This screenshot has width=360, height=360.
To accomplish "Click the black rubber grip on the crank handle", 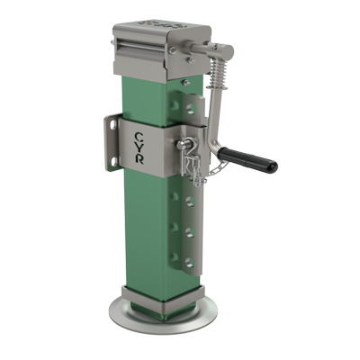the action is coord(247,159).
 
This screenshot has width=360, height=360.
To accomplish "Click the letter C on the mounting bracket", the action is coord(138,138).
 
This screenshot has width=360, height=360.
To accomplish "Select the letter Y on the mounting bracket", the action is coord(139,148).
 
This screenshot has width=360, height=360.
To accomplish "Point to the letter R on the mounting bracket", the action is coord(139,159).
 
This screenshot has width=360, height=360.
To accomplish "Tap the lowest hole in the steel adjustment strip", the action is coord(190,263).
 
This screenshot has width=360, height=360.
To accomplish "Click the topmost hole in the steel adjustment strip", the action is coord(191,109).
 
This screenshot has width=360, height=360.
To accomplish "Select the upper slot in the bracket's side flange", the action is coord(112,125).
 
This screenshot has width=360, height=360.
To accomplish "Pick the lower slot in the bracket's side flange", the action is coord(112,160).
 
